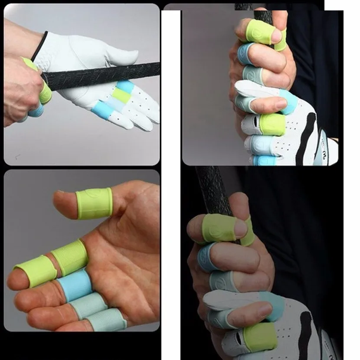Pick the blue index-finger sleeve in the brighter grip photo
245,53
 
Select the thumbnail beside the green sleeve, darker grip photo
240,229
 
